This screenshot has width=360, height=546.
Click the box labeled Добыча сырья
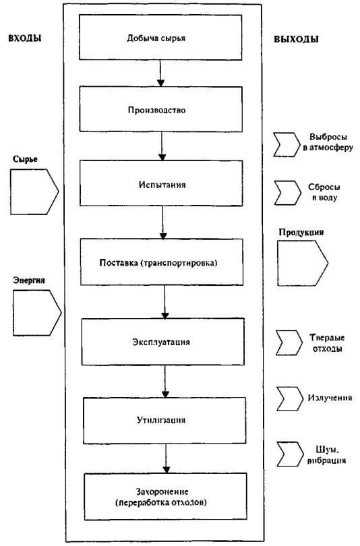pyautogui.click(x=160, y=37)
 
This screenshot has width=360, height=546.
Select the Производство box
pyautogui.click(x=161, y=109)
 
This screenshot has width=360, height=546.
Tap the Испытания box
pyautogui.click(x=161, y=183)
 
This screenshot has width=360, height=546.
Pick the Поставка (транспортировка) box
pyautogui.click(x=162, y=262)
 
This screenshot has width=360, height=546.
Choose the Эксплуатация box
pyautogui.click(x=163, y=342)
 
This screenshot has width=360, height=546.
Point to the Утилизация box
pyautogui.click(x=164, y=421)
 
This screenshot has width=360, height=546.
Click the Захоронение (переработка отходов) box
pyautogui.click(x=166, y=497)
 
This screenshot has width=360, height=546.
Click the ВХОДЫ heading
pyautogui.click(x=25, y=38)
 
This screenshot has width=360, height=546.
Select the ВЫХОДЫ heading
pyautogui.click(x=296, y=38)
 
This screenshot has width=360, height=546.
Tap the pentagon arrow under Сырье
pyautogui.click(x=34, y=191)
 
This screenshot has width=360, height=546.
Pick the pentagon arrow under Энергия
pyautogui.click(x=36, y=313)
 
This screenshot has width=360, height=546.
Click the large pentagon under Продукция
pyautogui.click(x=302, y=263)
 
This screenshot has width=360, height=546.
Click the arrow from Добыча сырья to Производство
pyautogui.click(x=160, y=73)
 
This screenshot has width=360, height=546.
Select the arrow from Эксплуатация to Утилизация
pyautogui.click(x=165, y=382)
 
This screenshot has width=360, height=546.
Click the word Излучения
pyautogui.click(x=330, y=398)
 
